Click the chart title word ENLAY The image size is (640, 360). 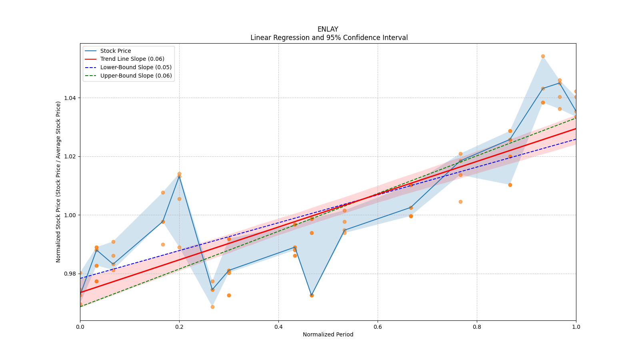tap(328, 29)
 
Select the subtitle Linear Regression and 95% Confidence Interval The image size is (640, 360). tap(329, 38)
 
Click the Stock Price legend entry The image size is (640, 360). tap(116, 51)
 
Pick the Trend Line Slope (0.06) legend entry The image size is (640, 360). tap(132, 59)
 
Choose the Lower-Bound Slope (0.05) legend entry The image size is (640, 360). tap(136, 68)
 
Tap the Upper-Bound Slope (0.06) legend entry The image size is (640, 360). tap(136, 76)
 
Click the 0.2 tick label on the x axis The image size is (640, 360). tap(179, 327)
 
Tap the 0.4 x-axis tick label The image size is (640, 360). tap(278, 327)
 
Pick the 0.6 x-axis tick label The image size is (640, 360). tap(378, 327)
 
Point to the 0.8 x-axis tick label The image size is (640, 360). tap(477, 327)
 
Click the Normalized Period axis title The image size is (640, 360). tap(328, 334)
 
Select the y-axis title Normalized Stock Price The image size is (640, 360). tap(58, 182)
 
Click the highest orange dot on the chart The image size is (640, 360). tap(543, 56)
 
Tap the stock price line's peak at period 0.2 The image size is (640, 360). tap(179, 176)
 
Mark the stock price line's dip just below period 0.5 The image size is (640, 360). tap(312, 295)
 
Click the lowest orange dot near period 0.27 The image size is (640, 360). tap(212, 307)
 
